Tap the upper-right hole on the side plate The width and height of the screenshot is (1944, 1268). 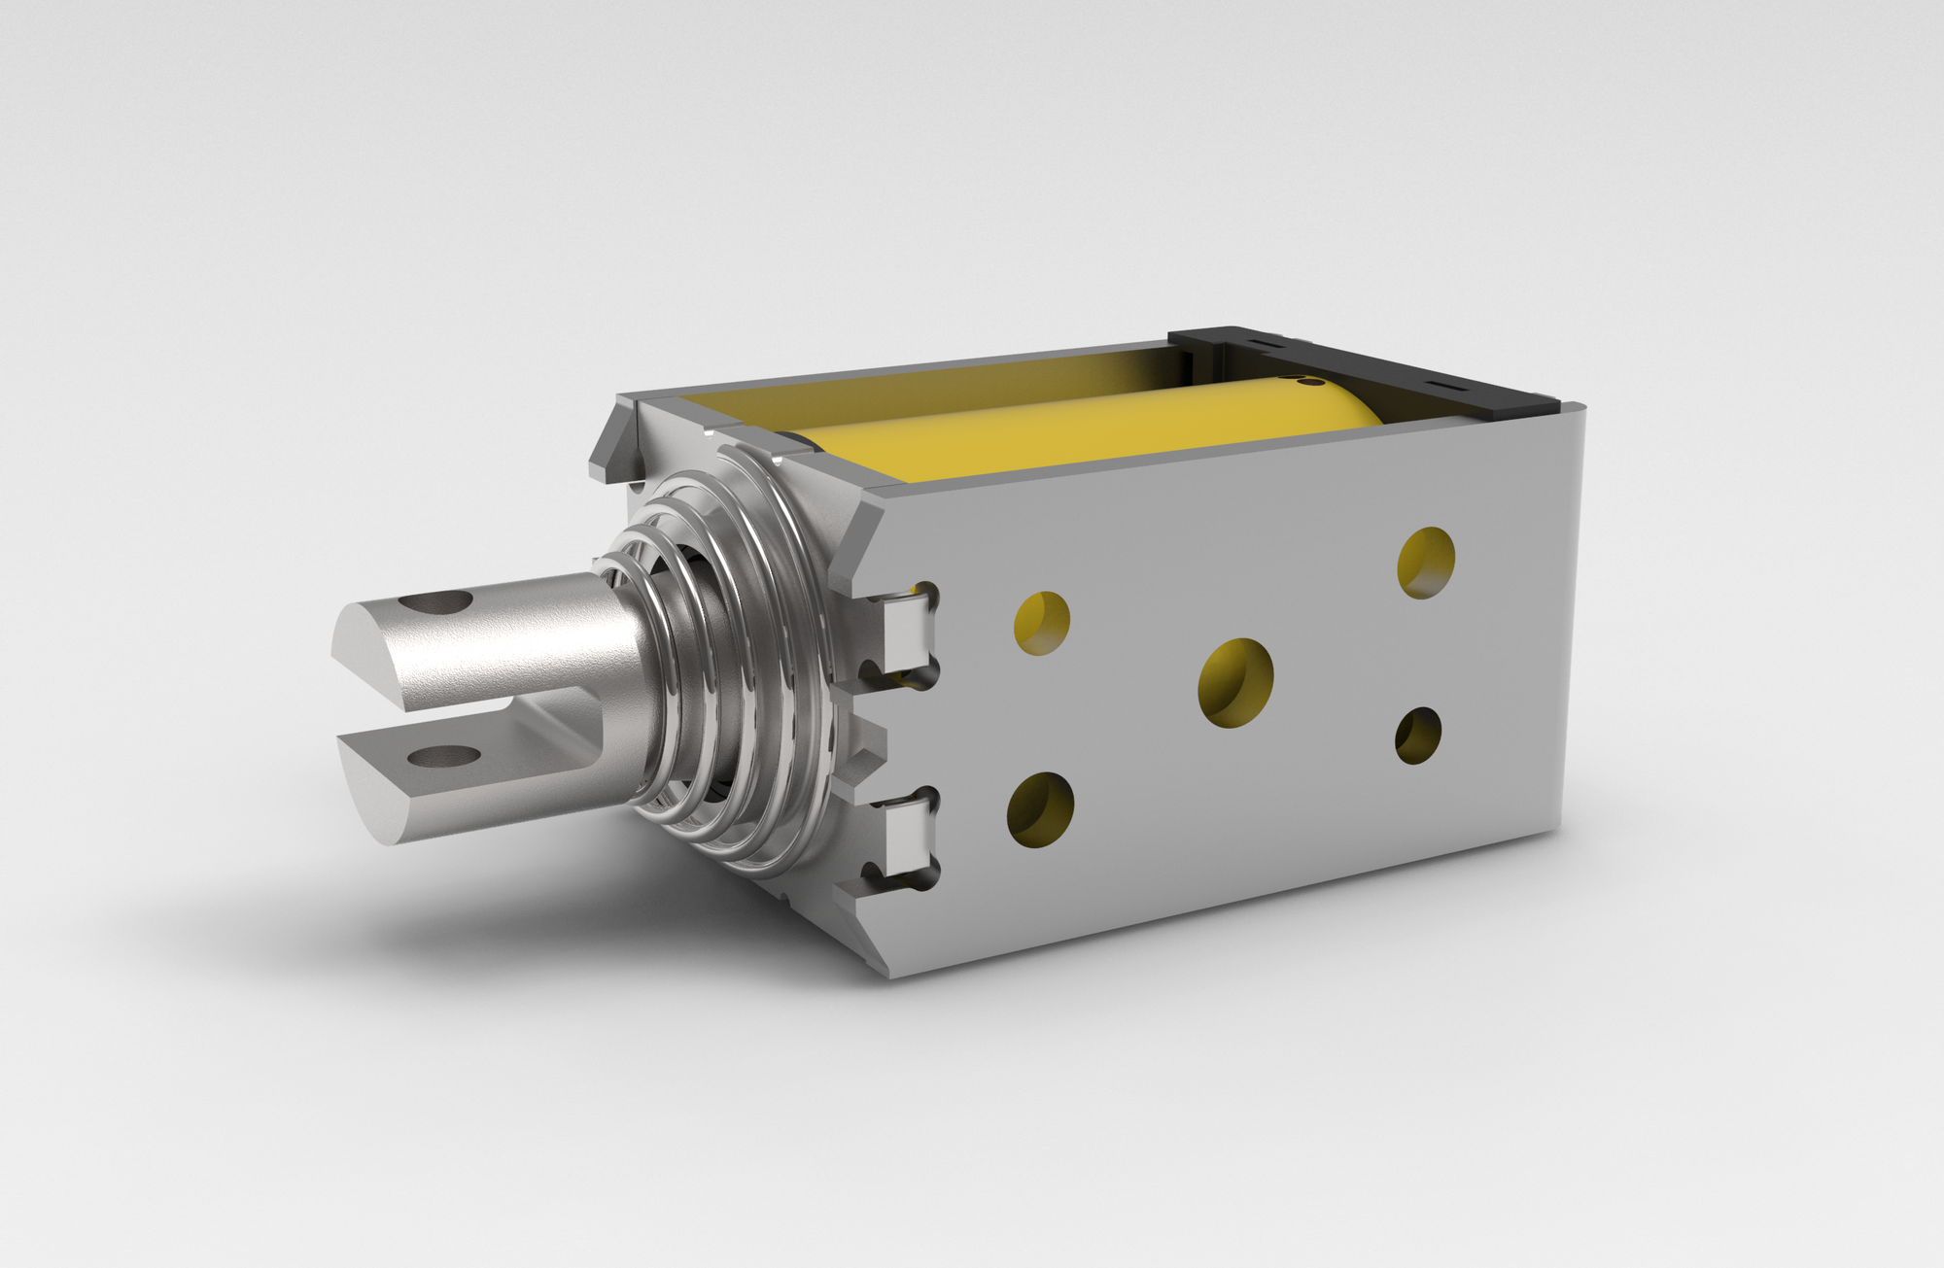click(x=1426, y=563)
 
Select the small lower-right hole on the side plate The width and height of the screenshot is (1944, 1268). click(x=1418, y=735)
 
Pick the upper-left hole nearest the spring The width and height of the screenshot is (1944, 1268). click(x=1042, y=623)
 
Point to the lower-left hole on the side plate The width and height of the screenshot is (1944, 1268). click(x=1040, y=809)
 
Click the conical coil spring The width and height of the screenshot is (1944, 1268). click(x=719, y=661)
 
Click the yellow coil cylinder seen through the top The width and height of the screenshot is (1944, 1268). click(x=1089, y=428)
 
